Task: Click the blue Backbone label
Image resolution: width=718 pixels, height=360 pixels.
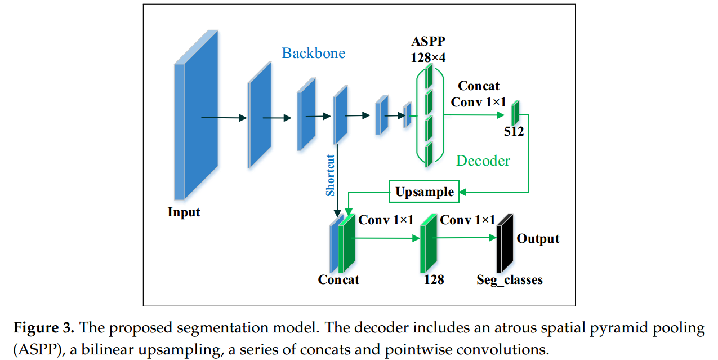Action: click(x=313, y=54)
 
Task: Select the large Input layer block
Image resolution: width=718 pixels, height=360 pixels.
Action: click(x=195, y=115)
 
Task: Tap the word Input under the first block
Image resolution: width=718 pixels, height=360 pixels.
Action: click(x=184, y=212)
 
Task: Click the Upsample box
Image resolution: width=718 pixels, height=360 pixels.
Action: click(x=424, y=192)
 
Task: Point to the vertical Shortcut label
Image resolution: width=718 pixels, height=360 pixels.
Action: click(x=331, y=175)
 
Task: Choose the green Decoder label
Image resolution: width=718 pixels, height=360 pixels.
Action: click(x=483, y=161)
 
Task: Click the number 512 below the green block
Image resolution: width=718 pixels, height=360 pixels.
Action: click(x=514, y=132)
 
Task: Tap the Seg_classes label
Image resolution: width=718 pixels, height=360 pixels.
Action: click(x=510, y=279)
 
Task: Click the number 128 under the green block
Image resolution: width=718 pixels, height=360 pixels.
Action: click(x=434, y=279)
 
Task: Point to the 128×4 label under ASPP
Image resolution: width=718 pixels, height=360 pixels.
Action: click(x=428, y=56)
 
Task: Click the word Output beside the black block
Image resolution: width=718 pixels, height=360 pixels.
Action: click(x=538, y=239)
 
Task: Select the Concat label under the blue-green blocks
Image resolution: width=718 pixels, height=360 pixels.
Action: click(x=338, y=279)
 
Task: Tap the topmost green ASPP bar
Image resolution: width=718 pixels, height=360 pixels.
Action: click(x=429, y=74)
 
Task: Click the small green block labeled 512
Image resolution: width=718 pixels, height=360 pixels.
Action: click(x=515, y=113)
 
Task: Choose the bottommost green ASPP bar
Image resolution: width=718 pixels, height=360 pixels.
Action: click(x=429, y=153)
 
